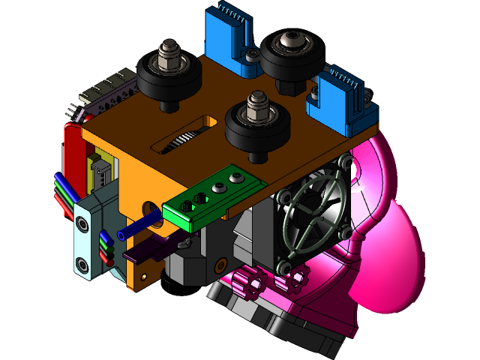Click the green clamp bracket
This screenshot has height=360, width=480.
coord(214,196)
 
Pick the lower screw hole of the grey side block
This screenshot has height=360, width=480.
coord(81,264)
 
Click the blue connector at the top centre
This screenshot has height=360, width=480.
coord(230,37)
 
